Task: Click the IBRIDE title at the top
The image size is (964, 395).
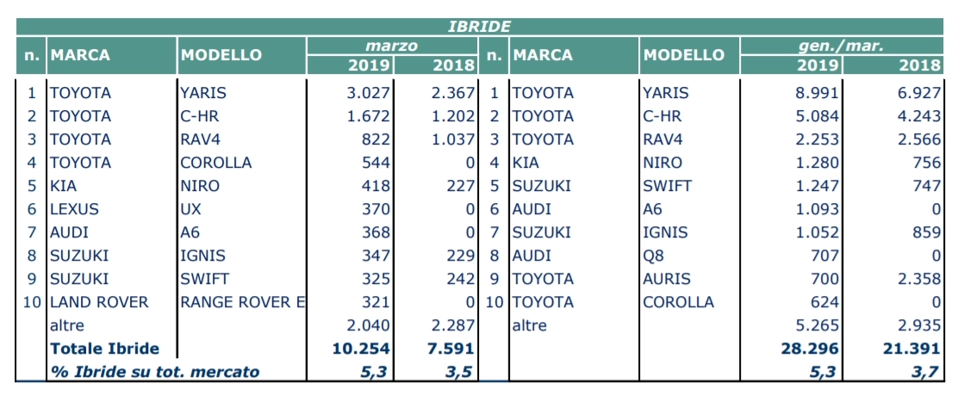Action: coord(480,27)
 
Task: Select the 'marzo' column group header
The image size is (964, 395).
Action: coord(392,46)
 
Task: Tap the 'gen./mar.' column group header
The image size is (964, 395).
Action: coord(841,46)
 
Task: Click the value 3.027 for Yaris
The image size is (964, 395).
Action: coord(369,94)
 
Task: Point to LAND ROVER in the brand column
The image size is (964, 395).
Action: coord(99,302)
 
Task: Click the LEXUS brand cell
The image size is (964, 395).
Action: coord(74,209)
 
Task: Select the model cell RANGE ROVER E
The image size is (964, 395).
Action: coord(243,302)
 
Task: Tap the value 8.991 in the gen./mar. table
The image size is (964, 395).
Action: coord(817,94)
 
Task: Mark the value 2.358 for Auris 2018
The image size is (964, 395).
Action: coord(919,279)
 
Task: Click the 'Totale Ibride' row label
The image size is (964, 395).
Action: coord(104,349)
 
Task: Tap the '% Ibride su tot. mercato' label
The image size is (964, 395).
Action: coord(155,372)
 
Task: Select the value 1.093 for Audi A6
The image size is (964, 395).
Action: coord(817,209)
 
